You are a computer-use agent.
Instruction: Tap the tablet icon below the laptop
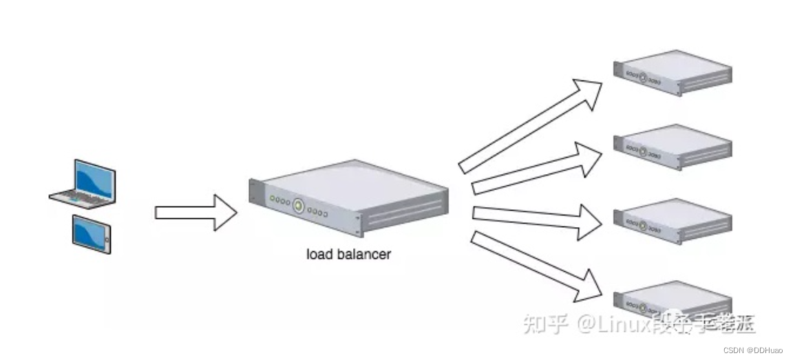[x=91, y=233]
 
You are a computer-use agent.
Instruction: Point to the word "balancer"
[x=364, y=254]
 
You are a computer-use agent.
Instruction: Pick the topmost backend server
[x=672, y=72]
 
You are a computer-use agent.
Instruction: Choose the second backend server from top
[x=672, y=146]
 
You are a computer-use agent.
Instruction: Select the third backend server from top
[x=672, y=220]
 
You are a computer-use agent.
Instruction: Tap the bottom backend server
[x=672, y=300]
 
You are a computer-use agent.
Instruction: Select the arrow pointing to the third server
[x=537, y=220]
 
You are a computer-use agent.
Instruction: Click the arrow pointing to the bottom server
[x=533, y=265]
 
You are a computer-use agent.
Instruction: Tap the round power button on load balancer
[x=298, y=205]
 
